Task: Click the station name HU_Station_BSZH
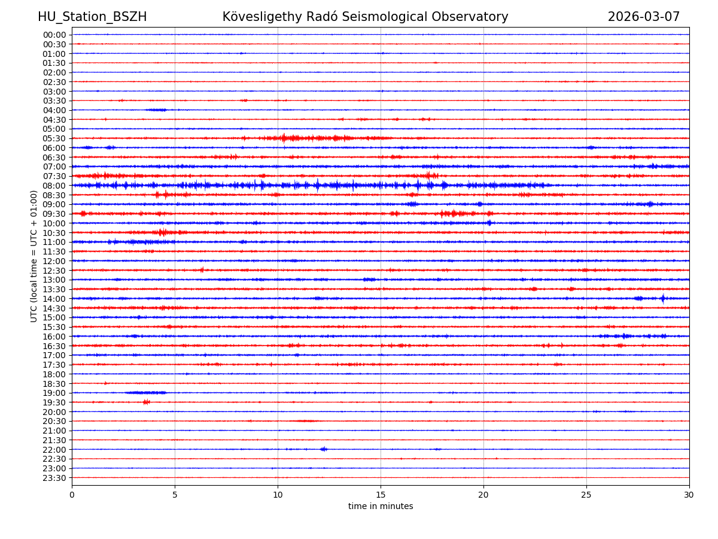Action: tap(92, 17)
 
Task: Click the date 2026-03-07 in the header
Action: tap(644, 17)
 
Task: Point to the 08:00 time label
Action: tap(54, 186)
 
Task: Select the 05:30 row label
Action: tap(54, 138)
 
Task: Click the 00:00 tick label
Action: tap(54, 35)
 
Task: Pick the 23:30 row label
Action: tap(54, 478)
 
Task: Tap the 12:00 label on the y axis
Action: tap(54, 261)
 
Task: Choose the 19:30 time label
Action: tap(54, 402)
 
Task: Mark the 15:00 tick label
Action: tap(54, 317)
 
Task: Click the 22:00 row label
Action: tap(54, 450)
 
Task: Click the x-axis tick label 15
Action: tap(381, 495)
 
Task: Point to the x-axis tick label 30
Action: tap(689, 495)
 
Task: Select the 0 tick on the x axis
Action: tap(72, 495)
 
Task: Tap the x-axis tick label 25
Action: tap(586, 495)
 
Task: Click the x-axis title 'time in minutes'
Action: tap(381, 507)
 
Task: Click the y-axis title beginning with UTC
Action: tap(35, 256)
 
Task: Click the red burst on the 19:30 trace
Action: tap(146, 402)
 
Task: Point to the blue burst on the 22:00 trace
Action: tap(324, 449)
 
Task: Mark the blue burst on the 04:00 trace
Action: tap(157, 110)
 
